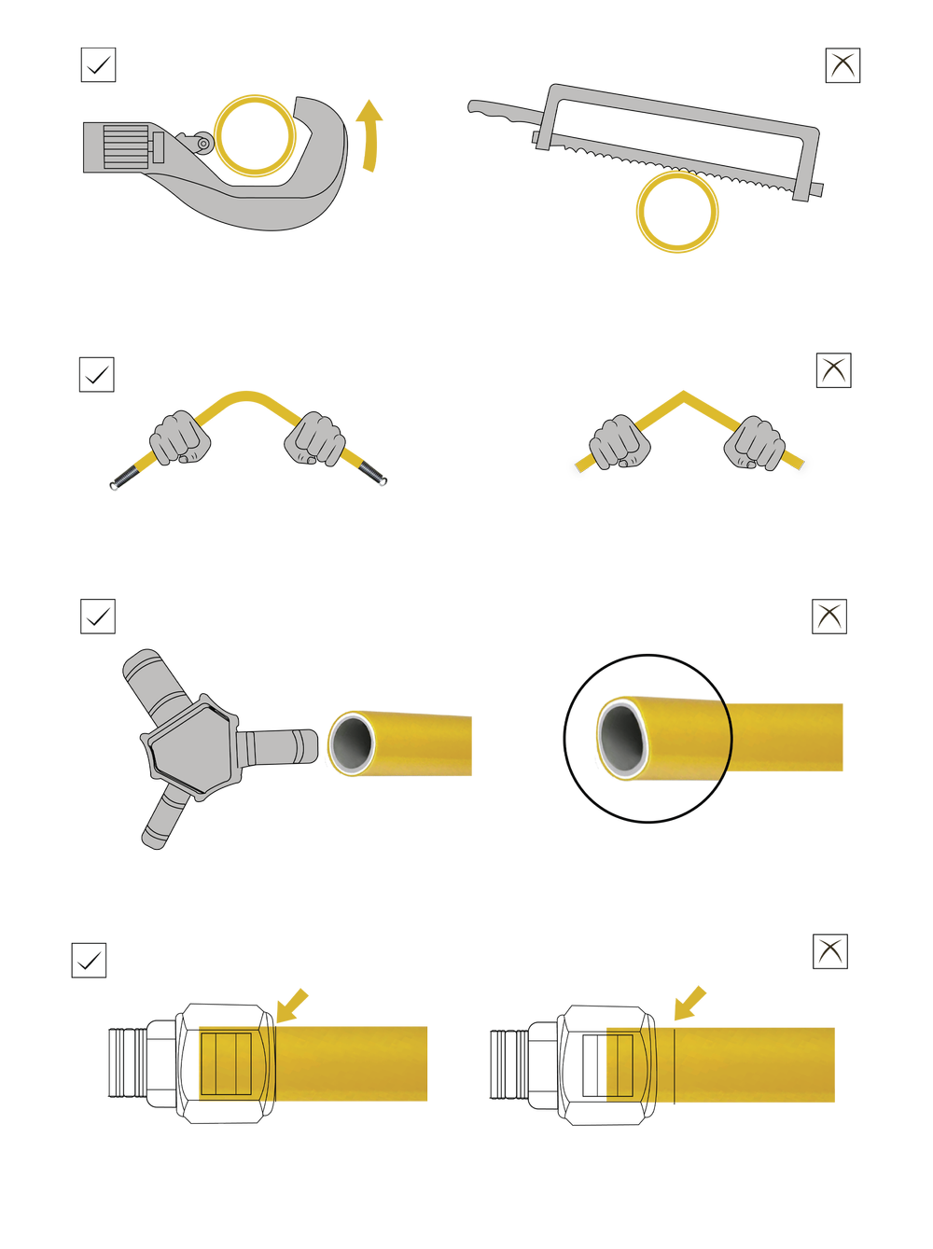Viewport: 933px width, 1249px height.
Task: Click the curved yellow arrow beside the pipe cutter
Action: (370, 135)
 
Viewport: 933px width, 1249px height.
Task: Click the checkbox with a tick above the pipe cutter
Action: (97, 65)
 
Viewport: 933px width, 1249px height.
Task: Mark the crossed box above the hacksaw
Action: (842, 65)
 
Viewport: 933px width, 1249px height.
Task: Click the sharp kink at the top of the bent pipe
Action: (683, 392)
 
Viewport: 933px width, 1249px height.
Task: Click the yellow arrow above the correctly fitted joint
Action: (293, 1006)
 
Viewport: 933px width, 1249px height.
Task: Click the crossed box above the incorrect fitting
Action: (829, 951)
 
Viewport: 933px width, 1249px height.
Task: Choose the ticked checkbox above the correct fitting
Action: (89, 960)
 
